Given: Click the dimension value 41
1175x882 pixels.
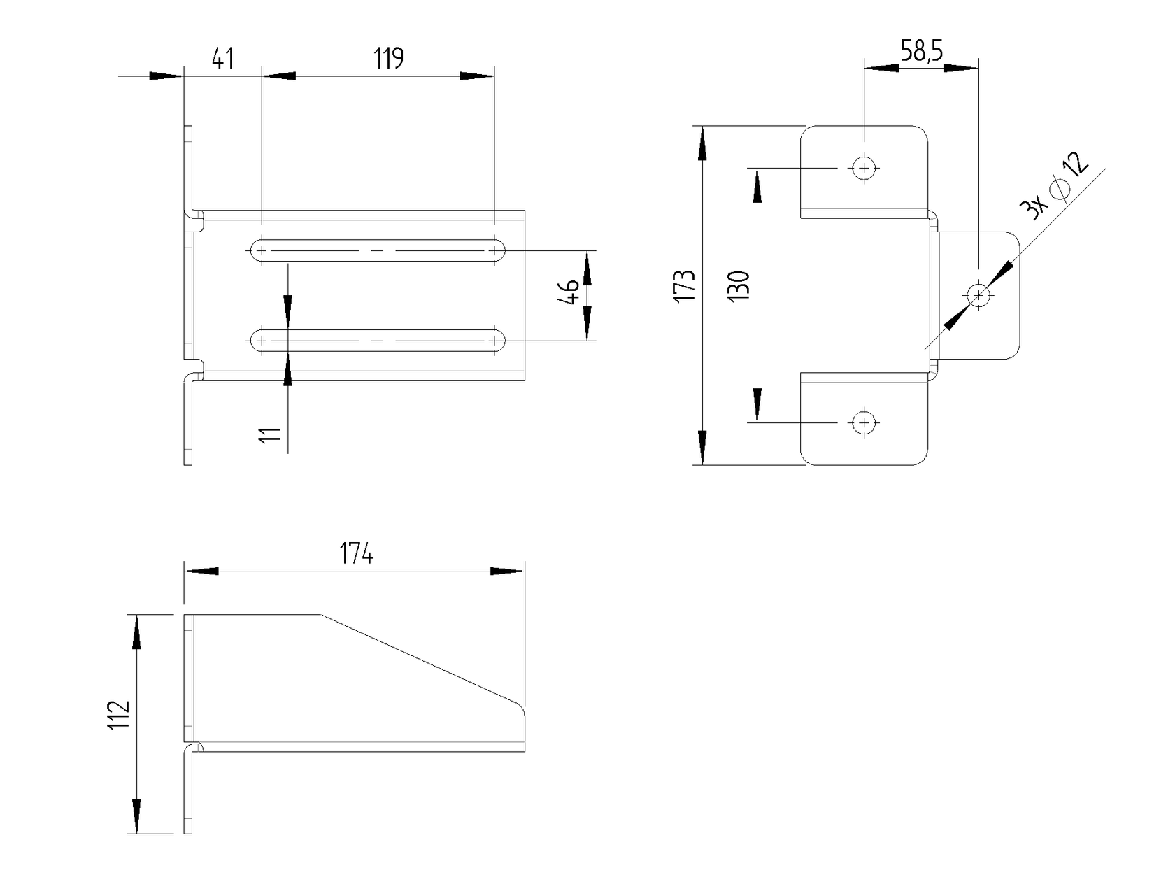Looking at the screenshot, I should (x=222, y=59).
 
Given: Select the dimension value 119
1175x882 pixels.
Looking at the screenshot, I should (x=388, y=59).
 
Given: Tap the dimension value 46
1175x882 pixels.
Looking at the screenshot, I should (x=570, y=292).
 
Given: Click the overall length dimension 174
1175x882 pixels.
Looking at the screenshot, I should (x=357, y=554).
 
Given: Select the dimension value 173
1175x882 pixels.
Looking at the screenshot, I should (x=684, y=285).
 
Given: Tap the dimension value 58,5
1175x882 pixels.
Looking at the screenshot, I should (x=921, y=51).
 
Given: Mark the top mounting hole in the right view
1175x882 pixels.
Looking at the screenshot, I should (x=864, y=168).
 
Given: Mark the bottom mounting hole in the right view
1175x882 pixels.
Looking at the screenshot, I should (x=864, y=422).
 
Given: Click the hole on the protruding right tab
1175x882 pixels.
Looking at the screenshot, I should (x=978, y=295).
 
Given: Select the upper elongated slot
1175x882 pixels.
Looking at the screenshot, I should (x=378, y=250).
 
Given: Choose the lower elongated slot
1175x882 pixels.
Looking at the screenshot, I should (x=378, y=341).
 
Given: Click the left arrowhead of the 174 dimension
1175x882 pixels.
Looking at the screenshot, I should (x=201, y=571).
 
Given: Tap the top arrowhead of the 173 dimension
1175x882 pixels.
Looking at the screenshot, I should (x=702, y=143).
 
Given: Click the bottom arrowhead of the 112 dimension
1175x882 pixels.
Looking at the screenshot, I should (x=136, y=817).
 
